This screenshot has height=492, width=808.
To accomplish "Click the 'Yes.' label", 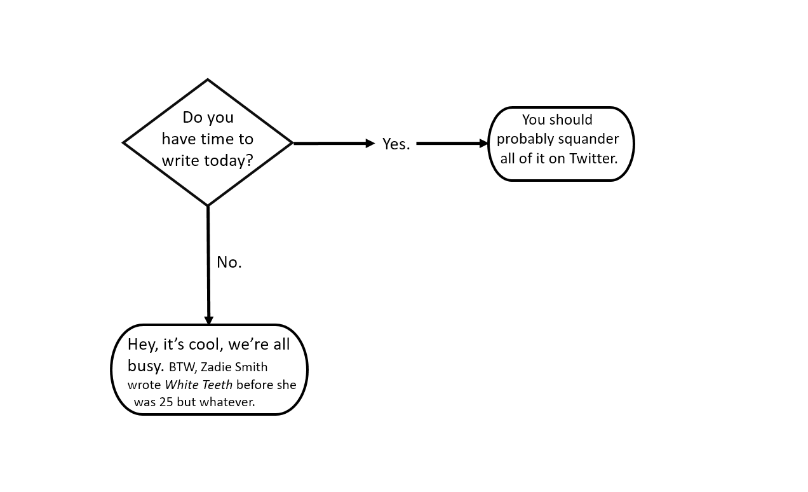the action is [x=396, y=144].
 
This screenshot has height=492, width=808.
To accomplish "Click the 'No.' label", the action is [x=229, y=263].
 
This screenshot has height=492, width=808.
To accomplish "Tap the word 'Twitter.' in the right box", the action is [x=593, y=158].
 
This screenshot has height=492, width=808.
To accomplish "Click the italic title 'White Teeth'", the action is [x=198, y=385].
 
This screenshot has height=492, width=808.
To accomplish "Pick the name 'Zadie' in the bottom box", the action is [x=216, y=367].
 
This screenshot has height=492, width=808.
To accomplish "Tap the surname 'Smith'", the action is [x=251, y=367].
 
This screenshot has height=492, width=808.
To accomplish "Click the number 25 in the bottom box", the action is [x=166, y=402].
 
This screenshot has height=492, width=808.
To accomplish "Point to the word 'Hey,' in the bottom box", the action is [x=143, y=345].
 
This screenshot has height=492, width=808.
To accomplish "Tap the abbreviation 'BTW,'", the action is [x=183, y=367].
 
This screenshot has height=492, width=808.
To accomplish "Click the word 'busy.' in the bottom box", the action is [x=145, y=366].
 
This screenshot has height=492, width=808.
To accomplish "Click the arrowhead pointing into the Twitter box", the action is [x=483, y=144].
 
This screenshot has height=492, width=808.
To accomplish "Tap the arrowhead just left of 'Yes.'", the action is [x=370, y=144].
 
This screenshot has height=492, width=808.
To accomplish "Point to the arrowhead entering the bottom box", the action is [x=208, y=320].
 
